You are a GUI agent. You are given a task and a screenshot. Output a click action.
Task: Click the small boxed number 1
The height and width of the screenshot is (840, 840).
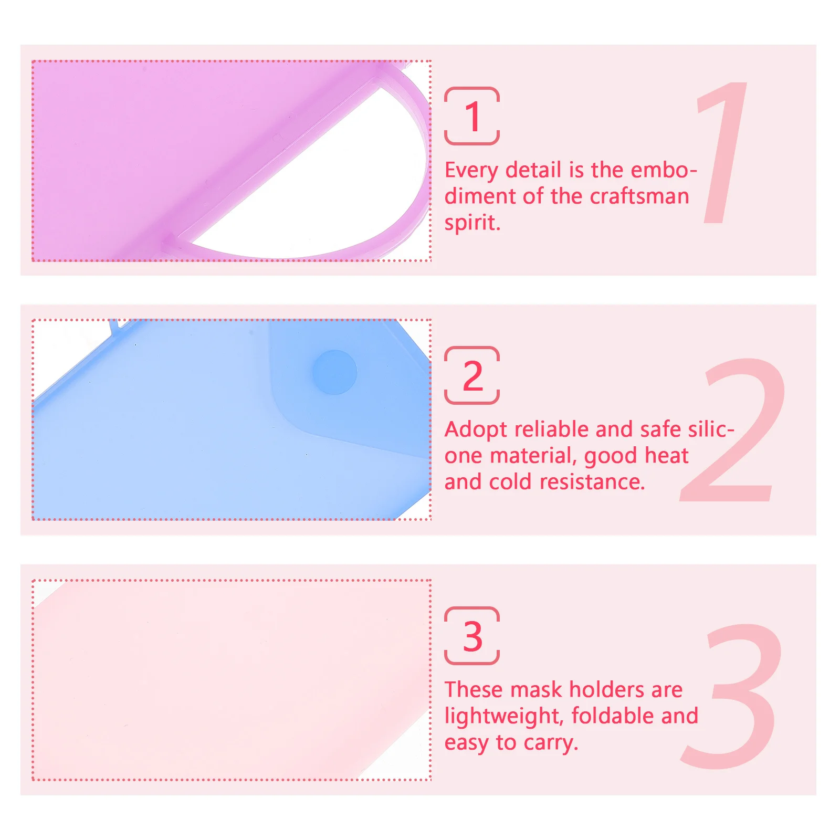pyautogui.click(x=472, y=117)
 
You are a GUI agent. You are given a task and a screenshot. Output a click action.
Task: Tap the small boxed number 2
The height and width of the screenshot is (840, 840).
pyautogui.click(x=472, y=376)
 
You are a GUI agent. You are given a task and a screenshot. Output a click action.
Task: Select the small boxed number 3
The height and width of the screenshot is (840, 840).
pyautogui.click(x=472, y=636)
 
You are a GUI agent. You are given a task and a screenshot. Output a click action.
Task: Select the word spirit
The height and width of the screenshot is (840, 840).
pyautogui.click(x=472, y=223)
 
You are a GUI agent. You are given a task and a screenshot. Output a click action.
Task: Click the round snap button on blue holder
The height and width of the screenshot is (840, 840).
pyautogui.click(x=334, y=372)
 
